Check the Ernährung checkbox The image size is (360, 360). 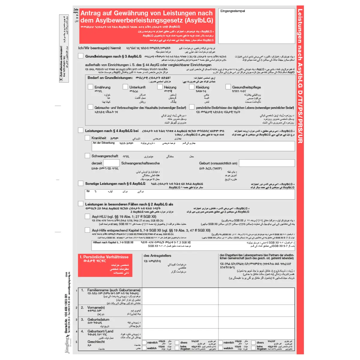90,87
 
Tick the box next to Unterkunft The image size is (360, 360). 125,87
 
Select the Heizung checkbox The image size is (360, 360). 160,87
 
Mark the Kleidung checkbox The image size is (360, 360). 192,87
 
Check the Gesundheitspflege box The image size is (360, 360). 228,87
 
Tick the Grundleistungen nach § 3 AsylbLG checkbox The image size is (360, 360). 81,56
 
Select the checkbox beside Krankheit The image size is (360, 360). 87,138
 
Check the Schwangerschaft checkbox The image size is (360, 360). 87,156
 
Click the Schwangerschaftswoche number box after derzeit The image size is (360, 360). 111,163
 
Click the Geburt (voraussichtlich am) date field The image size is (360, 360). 267,163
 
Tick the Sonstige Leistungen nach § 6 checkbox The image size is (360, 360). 81,183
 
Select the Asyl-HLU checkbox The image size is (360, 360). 87,216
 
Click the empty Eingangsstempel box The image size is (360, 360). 256,26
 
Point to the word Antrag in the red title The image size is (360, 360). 91,13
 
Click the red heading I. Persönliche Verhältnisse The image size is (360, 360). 104,257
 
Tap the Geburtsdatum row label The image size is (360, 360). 98,319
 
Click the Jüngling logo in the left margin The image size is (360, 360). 67,344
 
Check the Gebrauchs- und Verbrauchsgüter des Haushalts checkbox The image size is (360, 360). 90,107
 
